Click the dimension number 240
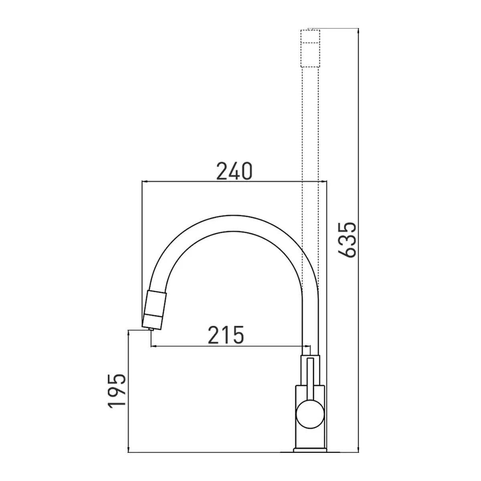[234, 171]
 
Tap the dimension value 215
[226, 335]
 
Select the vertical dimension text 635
[347, 240]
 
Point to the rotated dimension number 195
[117, 391]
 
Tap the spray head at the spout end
[154, 310]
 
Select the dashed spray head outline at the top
[310, 49]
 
